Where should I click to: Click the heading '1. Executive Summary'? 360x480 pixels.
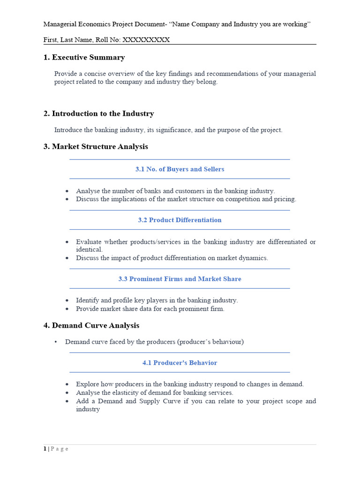tap(84, 58)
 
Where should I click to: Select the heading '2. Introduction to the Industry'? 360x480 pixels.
tap(98, 114)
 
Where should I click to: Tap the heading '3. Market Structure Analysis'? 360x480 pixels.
tap(96, 147)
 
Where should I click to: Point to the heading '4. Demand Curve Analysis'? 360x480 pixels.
tap(91, 325)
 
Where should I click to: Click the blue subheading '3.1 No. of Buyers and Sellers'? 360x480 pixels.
tap(180, 169)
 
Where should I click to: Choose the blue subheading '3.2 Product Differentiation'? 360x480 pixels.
tap(180, 220)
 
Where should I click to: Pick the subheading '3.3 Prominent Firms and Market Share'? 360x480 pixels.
tap(180, 279)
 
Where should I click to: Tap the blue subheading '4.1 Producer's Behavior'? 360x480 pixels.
tap(180, 363)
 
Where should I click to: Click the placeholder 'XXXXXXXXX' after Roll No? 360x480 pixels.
tap(146, 40)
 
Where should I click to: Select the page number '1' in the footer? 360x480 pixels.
tap(45, 449)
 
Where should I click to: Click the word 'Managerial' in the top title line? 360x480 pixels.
tap(60, 24)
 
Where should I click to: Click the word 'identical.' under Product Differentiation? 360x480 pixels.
tap(89, 250)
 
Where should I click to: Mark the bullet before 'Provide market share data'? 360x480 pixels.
tap(67, 309)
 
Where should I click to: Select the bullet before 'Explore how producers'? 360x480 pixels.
tap(67, 384)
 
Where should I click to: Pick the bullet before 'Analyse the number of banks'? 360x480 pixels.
tap(67, 191)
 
